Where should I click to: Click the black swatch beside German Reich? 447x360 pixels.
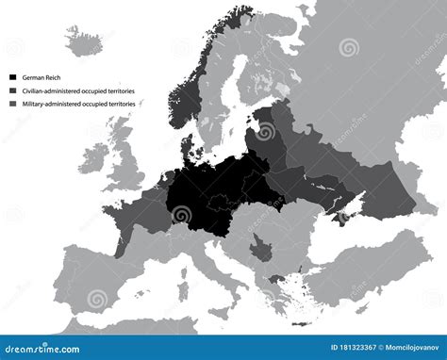[x=12, y=76]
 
